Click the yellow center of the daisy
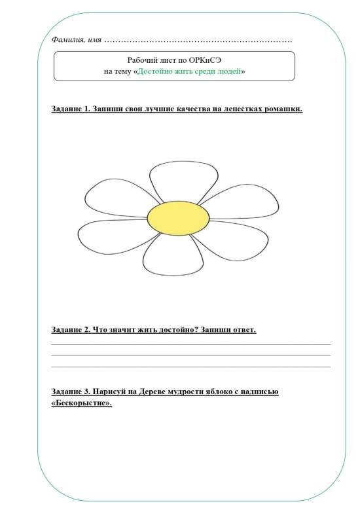point(178,217)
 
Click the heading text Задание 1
point(70,109)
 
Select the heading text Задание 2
point(70,329)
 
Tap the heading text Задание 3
point(70,392)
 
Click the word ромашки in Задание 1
point(282,109)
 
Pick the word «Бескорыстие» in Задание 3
point(81,403)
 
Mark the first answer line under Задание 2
point(190,344)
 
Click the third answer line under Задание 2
point(190,367)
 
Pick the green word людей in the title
point(228,71)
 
